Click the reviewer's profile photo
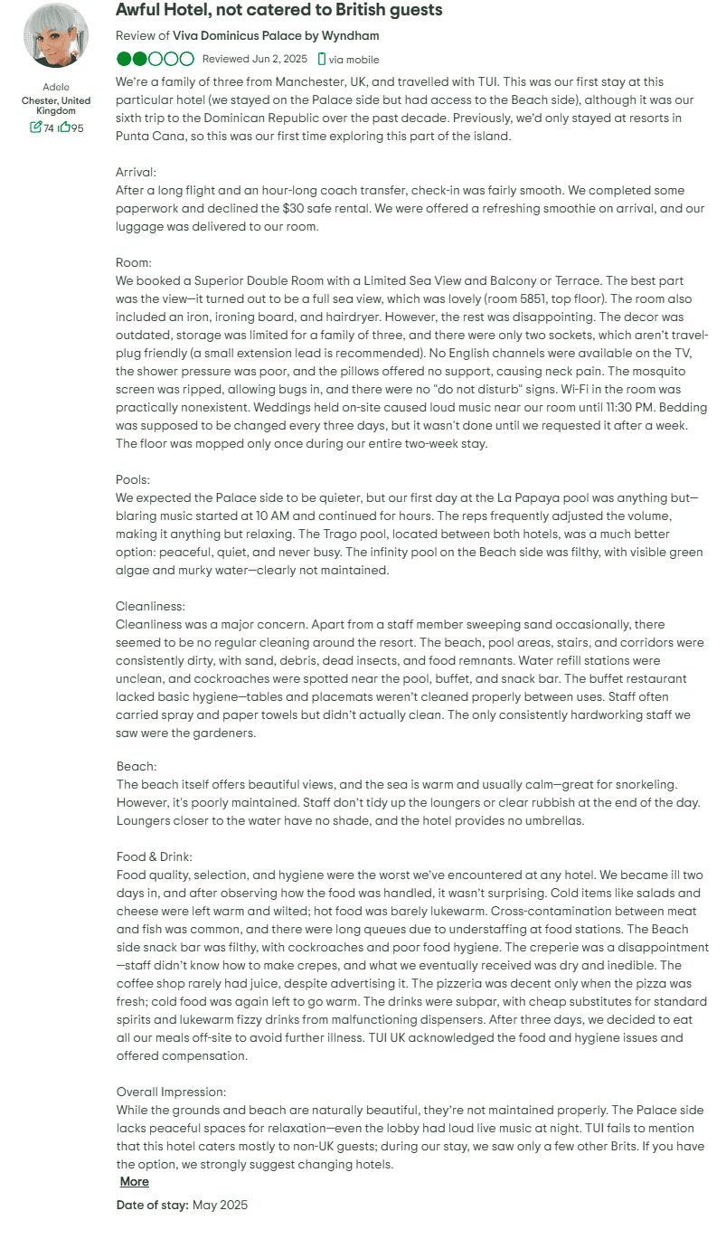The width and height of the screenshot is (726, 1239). point(56,36)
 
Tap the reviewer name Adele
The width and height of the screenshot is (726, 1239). point(56,87)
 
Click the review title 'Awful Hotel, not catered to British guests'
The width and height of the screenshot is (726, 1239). point(279,11)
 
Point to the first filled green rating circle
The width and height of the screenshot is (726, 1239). point(124,60)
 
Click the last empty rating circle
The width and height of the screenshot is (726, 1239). point(187,60)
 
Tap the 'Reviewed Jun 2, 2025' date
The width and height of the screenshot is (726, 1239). point(255,60)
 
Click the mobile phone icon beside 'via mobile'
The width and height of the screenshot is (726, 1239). point(322,60)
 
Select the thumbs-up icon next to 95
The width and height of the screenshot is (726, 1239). point(64,128)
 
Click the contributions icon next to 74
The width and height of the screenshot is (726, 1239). point(36,128)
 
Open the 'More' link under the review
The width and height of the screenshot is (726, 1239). point(134,1181)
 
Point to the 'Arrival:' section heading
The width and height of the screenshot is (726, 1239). point(137,172)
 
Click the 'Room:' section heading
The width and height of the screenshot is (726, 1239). point(135,262)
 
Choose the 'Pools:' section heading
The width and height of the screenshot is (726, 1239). point(133,479)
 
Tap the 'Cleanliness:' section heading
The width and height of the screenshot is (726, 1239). point(150,606)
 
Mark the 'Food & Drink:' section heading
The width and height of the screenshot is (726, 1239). point(155,856)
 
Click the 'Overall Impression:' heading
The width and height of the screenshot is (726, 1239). point(171,1092)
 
